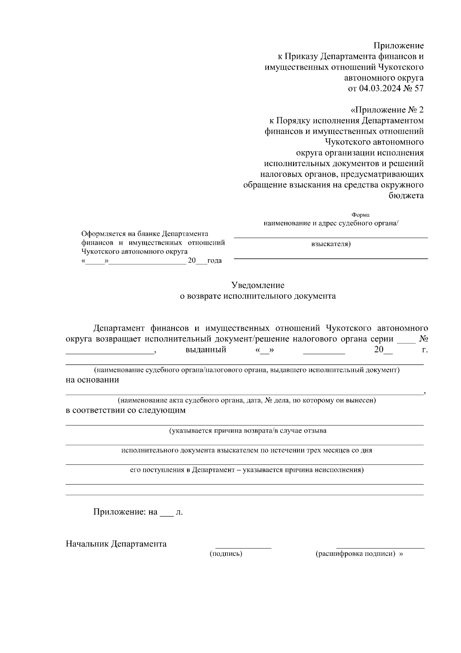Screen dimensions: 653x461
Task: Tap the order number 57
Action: tap(418, 89)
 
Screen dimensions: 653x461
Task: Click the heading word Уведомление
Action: tap(258, 285)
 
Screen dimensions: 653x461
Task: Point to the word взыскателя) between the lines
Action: tap(331, 244)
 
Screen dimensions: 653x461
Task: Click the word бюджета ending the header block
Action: tap(406, 196)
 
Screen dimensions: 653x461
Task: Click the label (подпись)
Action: tap(226, 554)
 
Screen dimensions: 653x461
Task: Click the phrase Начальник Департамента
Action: tap(116, 544)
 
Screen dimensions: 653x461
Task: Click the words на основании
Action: tap(92, 380)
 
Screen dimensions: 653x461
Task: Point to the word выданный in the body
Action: tap(206, 350)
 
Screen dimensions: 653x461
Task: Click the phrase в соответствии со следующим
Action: tap(126, 410)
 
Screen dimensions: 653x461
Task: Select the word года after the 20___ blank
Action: tap(214, 261)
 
